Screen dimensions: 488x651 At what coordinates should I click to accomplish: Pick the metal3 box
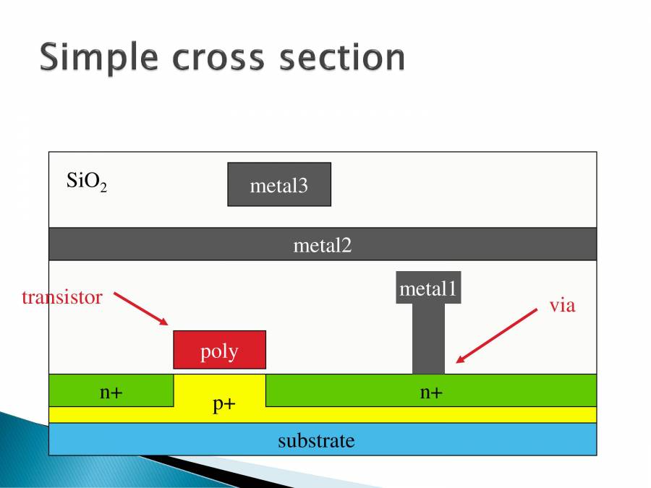(279, 184)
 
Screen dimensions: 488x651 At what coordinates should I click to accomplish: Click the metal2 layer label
(322, 245)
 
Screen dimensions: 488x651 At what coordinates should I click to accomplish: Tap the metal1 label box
(428, 289)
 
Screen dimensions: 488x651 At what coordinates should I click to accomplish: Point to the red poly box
(219, 350)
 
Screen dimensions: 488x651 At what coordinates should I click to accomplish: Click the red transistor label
(62, 297)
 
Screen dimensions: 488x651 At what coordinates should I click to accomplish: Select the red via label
(562, 305)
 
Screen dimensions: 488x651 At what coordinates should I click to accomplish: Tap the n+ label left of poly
(111, 393)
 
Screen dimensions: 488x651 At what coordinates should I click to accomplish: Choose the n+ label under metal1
(431, 393)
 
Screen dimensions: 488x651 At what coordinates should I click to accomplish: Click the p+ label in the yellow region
(224, 404)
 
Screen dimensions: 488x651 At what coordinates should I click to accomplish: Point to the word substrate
(316, 440)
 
